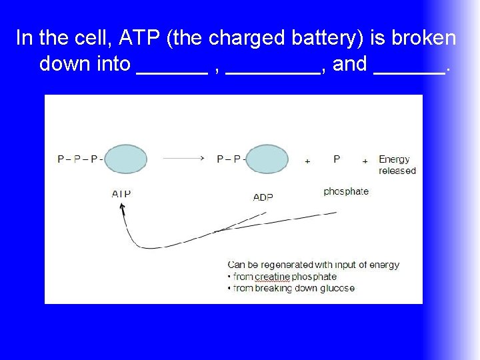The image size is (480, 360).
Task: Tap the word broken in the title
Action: (x=424, y=38)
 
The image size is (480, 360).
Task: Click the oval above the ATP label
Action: (x=125, y=159)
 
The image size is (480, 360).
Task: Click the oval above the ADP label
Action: (x=267, y=159)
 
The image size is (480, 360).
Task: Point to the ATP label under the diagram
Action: (x=121, y=194)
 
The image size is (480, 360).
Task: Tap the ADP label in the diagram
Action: (x=263, y=197)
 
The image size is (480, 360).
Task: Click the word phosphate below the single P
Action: (x=345, y=191)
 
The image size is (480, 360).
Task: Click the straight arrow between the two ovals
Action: (x=183, y=159)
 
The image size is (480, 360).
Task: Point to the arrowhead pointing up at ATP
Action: (x=122, y=207)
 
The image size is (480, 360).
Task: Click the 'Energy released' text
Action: (x=397, y=165)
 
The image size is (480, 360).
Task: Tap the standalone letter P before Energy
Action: (x=337, y=159)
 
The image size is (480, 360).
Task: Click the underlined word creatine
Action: (x=272, y=277)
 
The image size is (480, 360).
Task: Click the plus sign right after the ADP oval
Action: (x=307, y=161)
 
